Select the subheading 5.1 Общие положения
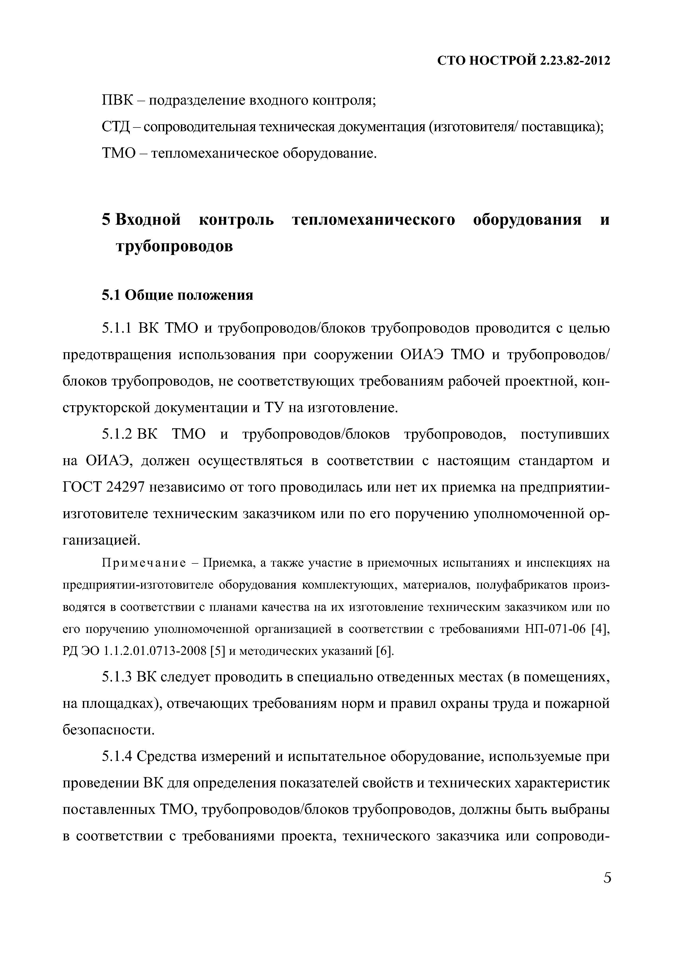(177, 295)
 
